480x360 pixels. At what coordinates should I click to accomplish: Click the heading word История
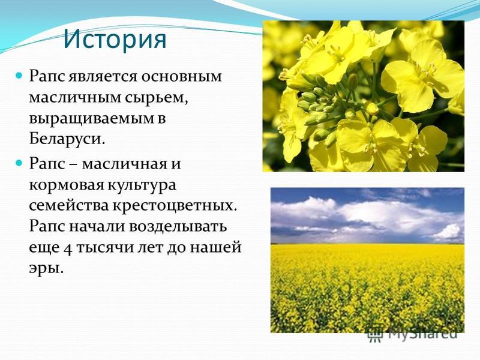click(115, 40)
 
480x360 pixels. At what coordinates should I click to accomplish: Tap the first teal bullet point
click(19, 74)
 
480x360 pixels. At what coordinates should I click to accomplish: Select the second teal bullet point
click(19, 163)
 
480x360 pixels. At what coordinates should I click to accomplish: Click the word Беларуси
click(67, 139)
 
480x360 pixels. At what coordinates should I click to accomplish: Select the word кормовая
click(67, 185)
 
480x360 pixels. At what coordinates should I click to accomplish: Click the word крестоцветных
click(175, 206)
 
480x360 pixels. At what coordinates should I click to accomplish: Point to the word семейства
click(69, 206)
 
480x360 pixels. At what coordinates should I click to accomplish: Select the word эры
click(46, 268)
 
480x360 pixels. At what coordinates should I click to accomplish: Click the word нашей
click(215, 247)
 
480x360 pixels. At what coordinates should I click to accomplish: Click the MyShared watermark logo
click(412, 334)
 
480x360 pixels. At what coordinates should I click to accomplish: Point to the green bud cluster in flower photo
click(319, 104)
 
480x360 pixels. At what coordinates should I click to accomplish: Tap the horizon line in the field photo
click(367, 244)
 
